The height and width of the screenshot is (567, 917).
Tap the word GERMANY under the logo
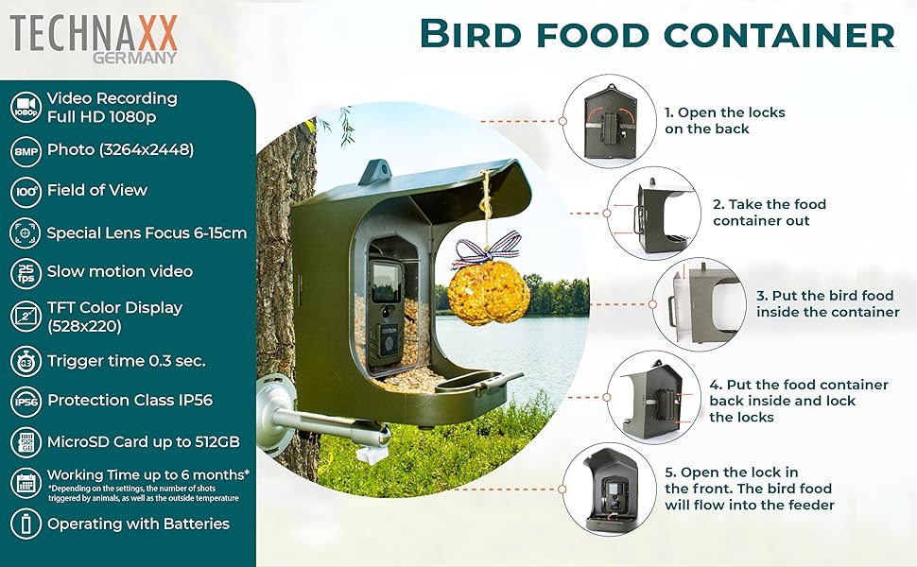tap(135, 57)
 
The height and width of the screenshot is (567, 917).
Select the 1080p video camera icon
tap(26, 106)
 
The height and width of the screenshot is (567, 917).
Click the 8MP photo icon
tap(26, 150)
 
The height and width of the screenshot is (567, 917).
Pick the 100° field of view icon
tap(26, 191)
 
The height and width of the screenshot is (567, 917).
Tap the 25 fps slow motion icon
tap(26, 272)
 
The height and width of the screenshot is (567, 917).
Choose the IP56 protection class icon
tap(26, 401)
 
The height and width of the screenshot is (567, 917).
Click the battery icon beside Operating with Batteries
tap(26, 524)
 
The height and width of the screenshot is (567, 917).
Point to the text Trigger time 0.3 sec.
tap(126, 360)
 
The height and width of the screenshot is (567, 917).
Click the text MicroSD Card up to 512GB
tap(143, 441)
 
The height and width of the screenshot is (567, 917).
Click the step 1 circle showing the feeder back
tap(606, 121)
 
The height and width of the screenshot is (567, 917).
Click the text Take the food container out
tap(769, 213)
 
